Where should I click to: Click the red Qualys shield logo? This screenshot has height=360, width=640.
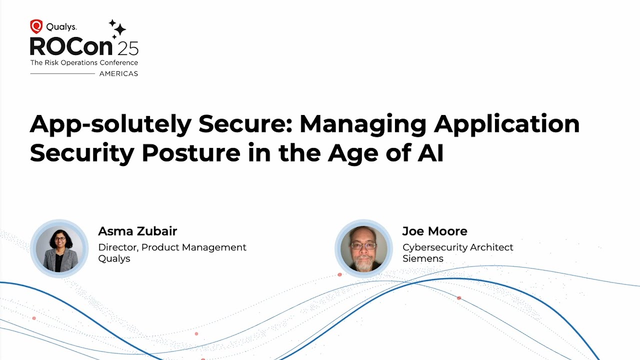36,26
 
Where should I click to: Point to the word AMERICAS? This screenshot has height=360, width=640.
118,73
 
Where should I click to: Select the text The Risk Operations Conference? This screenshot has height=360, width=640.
84,62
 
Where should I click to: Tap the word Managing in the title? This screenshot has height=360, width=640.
362,124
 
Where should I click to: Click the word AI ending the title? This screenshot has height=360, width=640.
430,153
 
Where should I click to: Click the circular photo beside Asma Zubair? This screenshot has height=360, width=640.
59,248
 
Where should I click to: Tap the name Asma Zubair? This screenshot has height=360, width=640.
137,231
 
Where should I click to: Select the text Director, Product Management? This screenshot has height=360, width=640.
172,247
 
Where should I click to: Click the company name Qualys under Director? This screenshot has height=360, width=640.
114,258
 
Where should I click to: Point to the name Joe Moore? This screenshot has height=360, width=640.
434,231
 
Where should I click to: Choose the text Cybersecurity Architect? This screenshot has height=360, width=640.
457,247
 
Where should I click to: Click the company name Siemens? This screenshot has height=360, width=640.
422,258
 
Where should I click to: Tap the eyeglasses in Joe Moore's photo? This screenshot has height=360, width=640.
363,245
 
